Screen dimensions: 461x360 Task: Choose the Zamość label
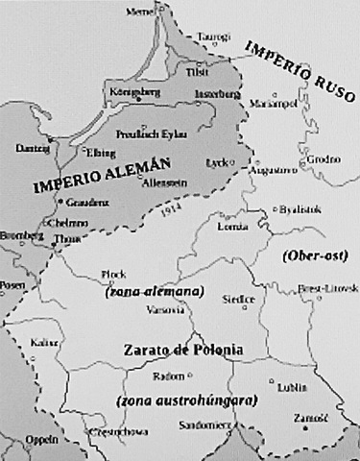tap(311, 416)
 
